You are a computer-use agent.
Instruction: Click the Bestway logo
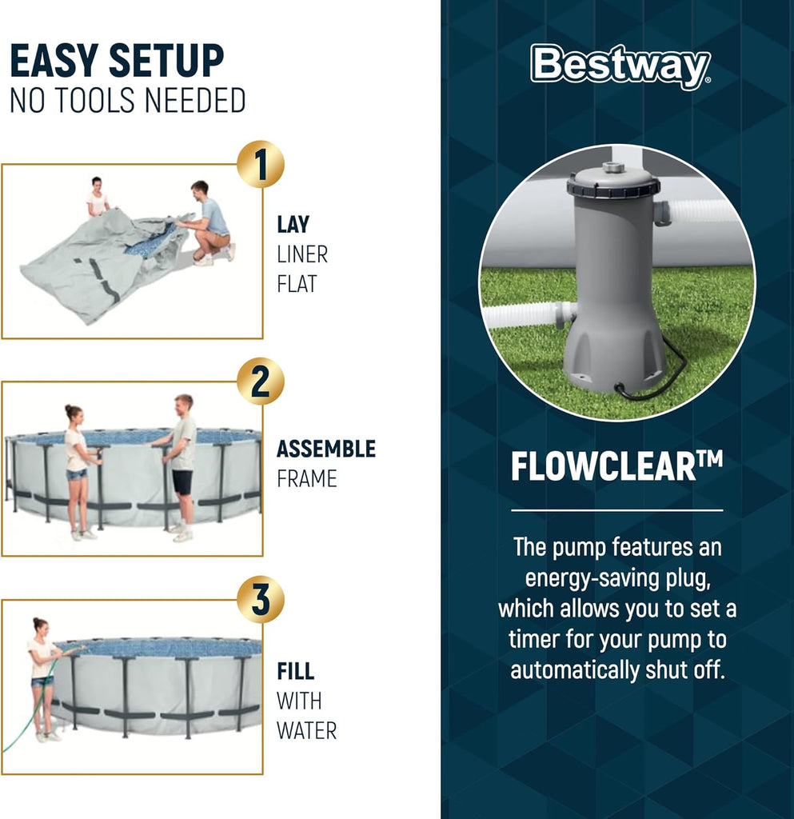[x=620, y=66]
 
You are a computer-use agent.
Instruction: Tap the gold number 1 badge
[x=260, y=164]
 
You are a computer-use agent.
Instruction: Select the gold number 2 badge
[x=260, y=382]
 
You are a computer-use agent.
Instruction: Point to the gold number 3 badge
[x=260, y=599]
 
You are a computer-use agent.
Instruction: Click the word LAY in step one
[x=293, y=225]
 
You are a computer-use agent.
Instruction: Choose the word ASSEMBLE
[x=325, y=449]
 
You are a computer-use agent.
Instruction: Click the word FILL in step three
[x=295, y=670]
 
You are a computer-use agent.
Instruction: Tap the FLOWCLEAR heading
[x=616, y=468]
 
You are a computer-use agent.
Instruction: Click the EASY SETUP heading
[x=117, y=62]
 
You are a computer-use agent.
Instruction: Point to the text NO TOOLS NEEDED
[x=127, y=102]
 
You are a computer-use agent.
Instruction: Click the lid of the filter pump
[x=613, y=181]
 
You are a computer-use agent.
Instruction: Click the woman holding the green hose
[x=42, y=677]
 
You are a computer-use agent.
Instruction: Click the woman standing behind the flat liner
[x=98, y=198]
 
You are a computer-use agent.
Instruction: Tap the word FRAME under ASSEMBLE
[x=306, y=479]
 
